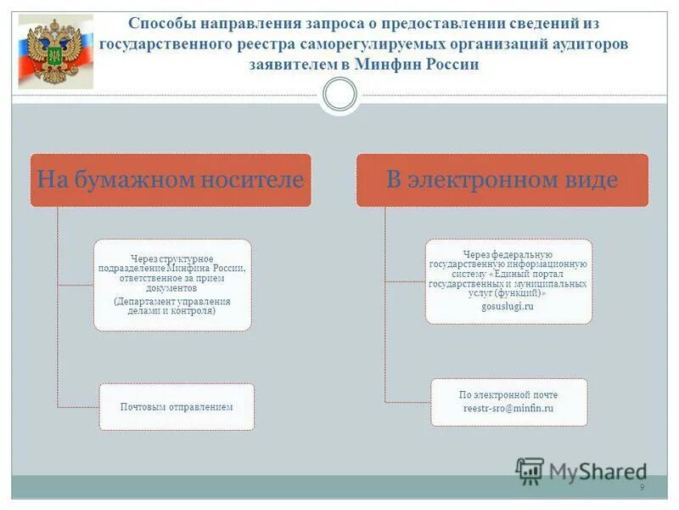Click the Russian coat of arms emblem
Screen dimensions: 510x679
pyautogui.click(x=55, y=52)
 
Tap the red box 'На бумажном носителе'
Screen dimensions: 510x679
pyautogui.click(x=171, y=180)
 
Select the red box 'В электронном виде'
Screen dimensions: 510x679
pyautogui.click(x=502, y=180)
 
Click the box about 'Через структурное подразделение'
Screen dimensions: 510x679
pyautogui.click(x=172, y=285)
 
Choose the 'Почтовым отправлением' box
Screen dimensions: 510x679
pyautogui.click(x=177, y=407)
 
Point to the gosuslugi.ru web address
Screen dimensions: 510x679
pyautogui.click(x=508, y=306)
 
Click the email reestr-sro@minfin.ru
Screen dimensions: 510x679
pyautogui.click(x=508, y=409)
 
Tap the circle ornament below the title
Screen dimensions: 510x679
pyautogui.click(x=340, y=94)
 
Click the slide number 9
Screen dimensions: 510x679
pyautogui.click(x=642, y=487)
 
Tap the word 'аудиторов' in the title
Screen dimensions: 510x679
pyautogui.click(x=590, y=43)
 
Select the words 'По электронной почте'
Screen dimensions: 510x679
pyautogui.click(x=508, y=395)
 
